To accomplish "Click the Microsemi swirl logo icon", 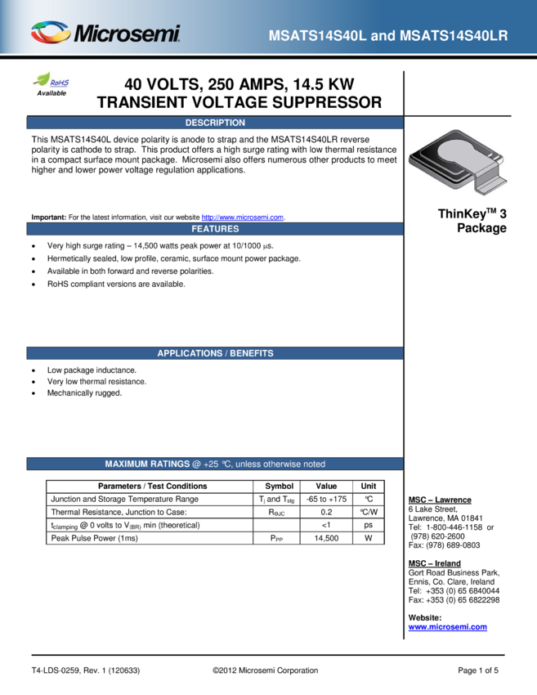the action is click(x=50, y=33).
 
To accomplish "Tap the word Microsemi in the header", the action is click(x=127, y=34).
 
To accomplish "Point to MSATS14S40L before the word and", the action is click(x=323, y=37).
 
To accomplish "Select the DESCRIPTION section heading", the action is click(x=215, y=123).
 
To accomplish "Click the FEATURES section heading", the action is click(x=215, y=229).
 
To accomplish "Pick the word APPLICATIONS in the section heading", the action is click(x=189, y=353).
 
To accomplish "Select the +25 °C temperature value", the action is click(x=218, y=464).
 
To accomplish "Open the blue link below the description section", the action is click(x=242, y=217).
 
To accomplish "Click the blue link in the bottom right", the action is click(x=447, y=628).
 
